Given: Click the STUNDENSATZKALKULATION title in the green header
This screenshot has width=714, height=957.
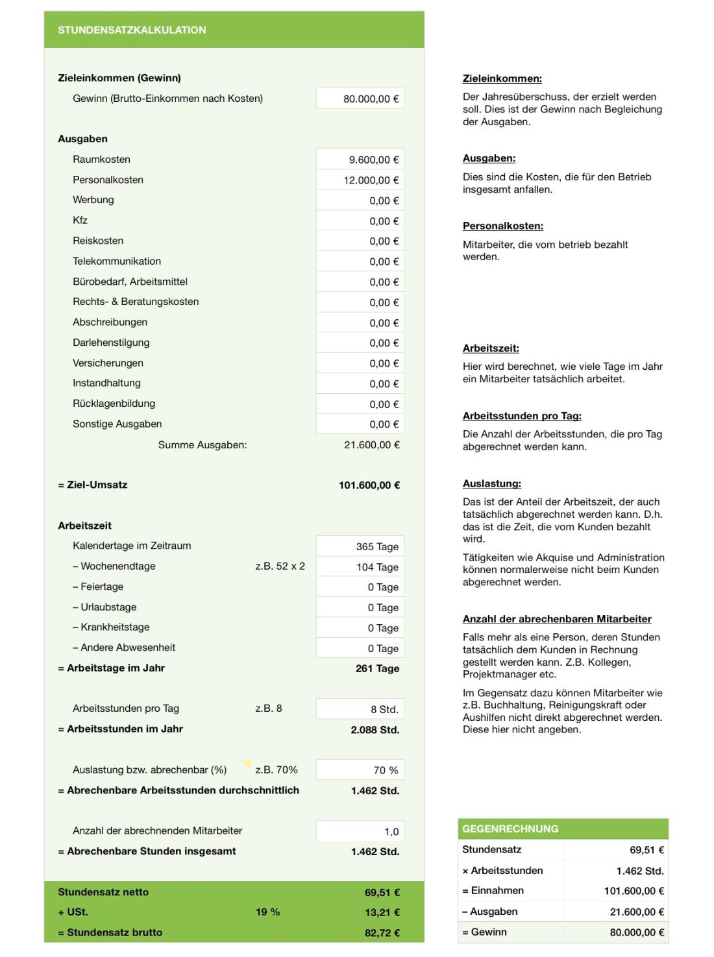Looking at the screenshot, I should click(x=132, y=30).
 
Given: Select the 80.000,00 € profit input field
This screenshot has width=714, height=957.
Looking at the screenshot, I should click(x=360, y=99).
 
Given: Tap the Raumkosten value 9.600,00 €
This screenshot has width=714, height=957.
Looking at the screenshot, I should click(x=360, y=160).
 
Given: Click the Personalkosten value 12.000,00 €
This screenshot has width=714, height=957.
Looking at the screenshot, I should click(x=360, y=180).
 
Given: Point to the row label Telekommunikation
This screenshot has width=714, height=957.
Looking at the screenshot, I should click(x=117, y=261).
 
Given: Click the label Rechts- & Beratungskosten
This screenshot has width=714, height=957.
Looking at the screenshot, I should click(x=136, y=302).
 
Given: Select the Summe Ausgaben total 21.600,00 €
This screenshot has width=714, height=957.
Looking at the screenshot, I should click(x=371, y=445).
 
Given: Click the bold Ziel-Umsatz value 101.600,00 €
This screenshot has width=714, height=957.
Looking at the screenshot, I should click(x=369, y=485).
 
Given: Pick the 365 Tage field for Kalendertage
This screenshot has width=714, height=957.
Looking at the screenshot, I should click(x=360, y=546).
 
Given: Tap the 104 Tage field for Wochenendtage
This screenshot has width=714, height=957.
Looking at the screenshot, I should click(x=360, y=567).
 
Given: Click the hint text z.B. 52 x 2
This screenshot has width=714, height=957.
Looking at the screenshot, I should click(x=280, y=566).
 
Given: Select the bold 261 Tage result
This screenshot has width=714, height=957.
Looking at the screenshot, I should click(x=377, y=668).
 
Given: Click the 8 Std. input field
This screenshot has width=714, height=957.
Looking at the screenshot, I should click(x=360, y=709).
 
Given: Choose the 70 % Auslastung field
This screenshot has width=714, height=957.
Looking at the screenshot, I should click(x=360, y=770).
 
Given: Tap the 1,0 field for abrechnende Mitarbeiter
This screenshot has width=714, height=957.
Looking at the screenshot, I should click(x=360, y=832).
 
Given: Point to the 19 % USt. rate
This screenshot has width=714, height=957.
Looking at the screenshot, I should click(x=267, y=912).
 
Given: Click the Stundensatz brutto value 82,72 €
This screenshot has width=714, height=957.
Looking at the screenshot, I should click(x=382, y=933).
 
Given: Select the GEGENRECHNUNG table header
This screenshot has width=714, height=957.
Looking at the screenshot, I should click(x=510, y=829).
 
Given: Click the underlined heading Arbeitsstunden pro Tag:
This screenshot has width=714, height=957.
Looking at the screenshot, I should click(x=522, y=416).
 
